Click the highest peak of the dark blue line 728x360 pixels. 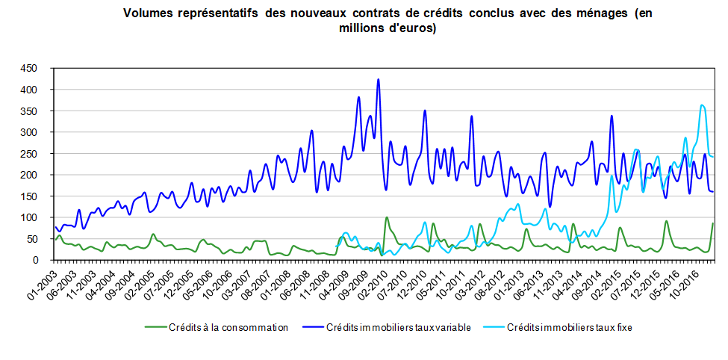[379, 80]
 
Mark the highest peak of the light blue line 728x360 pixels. [702, 105]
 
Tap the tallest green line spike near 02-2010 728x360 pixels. [386, 218]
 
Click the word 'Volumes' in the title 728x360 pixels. [146, 14]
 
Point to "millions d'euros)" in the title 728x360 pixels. [389, 28]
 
